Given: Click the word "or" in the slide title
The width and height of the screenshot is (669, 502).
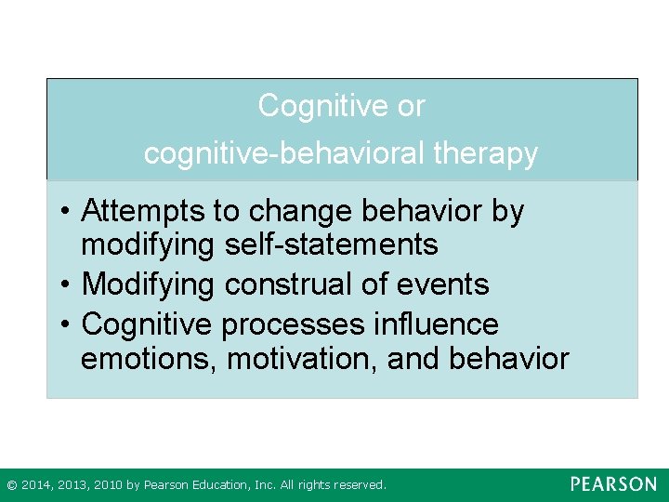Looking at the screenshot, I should click(410, 106).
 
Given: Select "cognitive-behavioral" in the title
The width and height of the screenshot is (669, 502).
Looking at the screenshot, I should click(282, 154).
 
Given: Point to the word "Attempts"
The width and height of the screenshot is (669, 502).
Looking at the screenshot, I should click(144, 212).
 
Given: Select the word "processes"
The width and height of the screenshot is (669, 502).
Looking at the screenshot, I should click(294, 324).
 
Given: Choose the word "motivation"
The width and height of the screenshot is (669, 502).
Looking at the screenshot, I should click(299, 359).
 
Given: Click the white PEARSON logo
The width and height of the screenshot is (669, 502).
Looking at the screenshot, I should click(612, 484).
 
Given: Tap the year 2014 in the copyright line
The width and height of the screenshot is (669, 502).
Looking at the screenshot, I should click(36, 485).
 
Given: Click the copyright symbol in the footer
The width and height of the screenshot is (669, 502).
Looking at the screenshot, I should click(11, 485).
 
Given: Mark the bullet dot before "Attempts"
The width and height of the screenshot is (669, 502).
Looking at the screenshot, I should click(68, 213).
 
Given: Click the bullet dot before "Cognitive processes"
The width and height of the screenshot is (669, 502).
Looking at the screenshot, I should click(68, 325).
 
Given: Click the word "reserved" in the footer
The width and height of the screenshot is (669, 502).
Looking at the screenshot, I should click(359, 485).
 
